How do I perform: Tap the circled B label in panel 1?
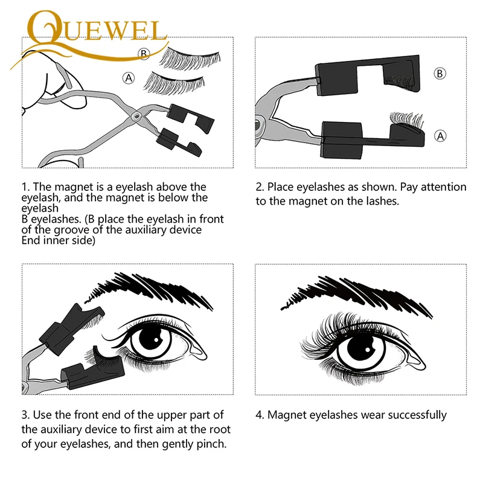pyautogui.click(x=144, y=54)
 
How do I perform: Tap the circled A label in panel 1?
pyautogui.click(x=128, y=77)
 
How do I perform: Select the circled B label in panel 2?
pyautogui.click(x=441, y=73)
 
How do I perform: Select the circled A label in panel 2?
pyautogui.click(x=441, y=136)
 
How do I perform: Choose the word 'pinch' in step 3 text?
pyautogui.click(x=211, y=445)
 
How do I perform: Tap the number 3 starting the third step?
pyautogui.click(x=25, y=415)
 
